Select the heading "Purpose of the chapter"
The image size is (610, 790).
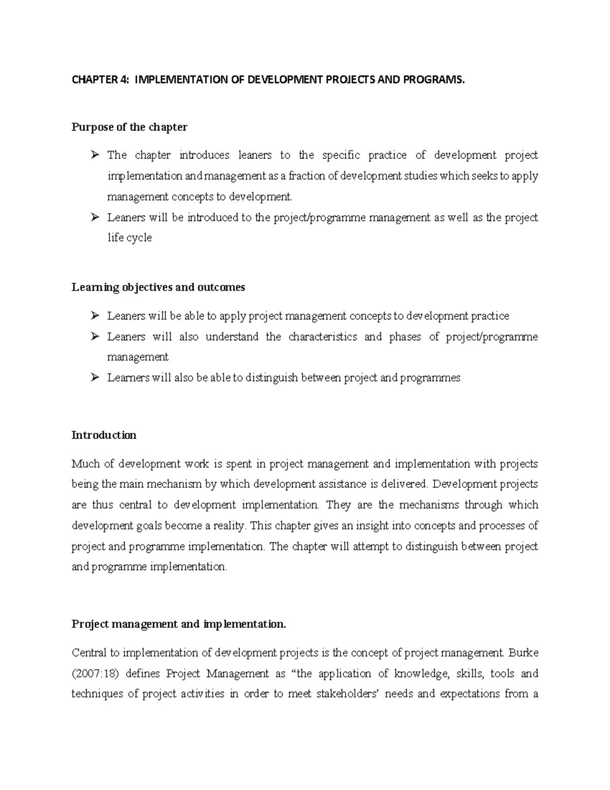129,127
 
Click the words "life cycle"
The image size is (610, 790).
129,238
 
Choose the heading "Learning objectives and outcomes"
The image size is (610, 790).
158,287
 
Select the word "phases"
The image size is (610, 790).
405,337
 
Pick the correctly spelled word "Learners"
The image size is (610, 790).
128,378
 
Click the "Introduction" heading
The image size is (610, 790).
104,435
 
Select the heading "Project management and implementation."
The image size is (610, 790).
179,624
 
